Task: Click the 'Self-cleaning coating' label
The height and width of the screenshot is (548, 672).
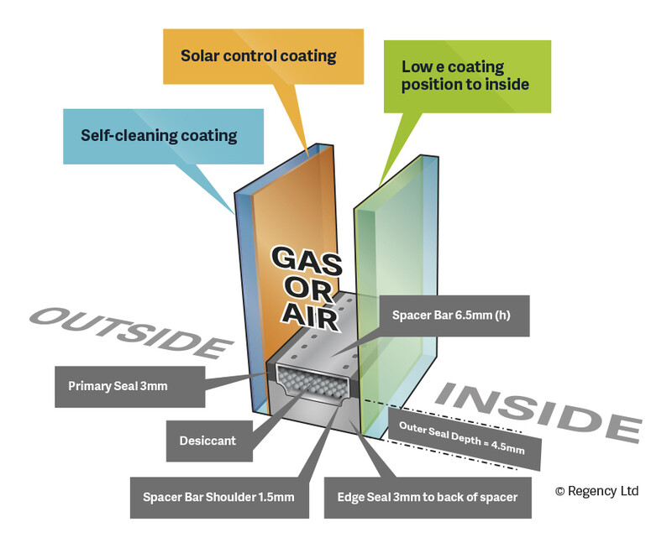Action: click(159, 135)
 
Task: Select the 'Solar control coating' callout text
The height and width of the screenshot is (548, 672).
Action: click(258, 56)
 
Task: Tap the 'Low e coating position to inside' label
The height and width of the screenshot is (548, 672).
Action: click(465, 76)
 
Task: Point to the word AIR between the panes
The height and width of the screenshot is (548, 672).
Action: click(309, 317)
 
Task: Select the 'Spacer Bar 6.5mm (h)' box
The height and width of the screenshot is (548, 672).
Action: click(454, 316)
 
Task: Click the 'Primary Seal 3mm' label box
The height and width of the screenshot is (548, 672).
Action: click(117, 387)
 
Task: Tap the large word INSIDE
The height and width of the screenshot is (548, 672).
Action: click(537, 409)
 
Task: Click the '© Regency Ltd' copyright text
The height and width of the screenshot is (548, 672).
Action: click(596, 491)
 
